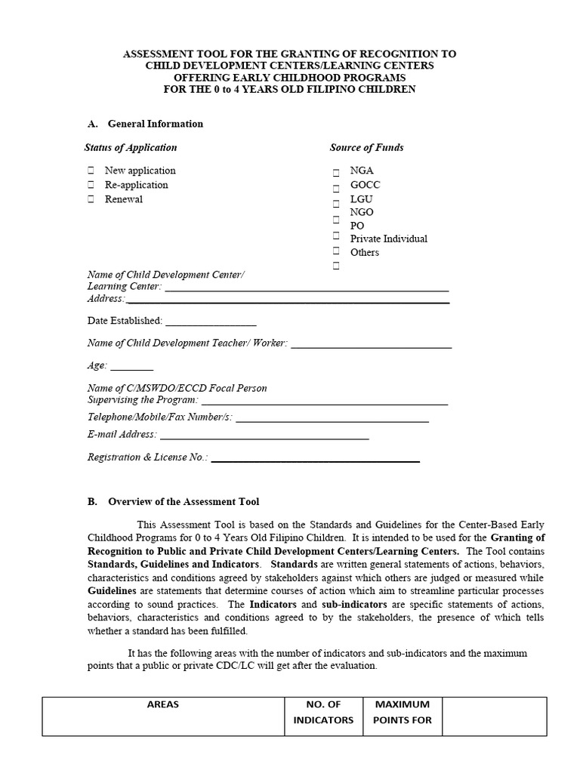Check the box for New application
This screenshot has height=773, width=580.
pyautogui.click(x=91, y=171)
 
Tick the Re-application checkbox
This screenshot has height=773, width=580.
pyautogui.click(x=91, y=185)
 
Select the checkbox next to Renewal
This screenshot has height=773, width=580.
pyautogui.click(x=91, y=199)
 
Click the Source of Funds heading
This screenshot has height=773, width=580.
pyautogui.click(x=366, y=147)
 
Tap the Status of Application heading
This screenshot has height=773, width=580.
pyautogui.click(x=131, y=147)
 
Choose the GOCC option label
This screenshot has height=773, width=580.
pyautogui.click(x=365, y=185)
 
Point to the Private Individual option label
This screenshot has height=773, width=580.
pyautogui.click(x=388, y=239)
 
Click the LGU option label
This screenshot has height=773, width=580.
pyautogui.click(x=361, y=199)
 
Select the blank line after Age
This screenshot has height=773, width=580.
pyautogui.click(x=132, y=367)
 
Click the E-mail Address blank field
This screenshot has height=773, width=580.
pyautogui.click(x=264, y=436)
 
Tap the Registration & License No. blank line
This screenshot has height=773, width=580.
pyautogui.click(x=315, y=458)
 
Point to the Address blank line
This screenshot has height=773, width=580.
pyautogui.click(x=287, y=300)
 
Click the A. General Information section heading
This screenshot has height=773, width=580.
pyautogui.click(x=145, y=124)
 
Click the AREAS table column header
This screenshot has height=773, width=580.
pyautogui.click(x=163, y=704)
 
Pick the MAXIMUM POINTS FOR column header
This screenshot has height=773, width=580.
pyautogui.click(x=403, y=712)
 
